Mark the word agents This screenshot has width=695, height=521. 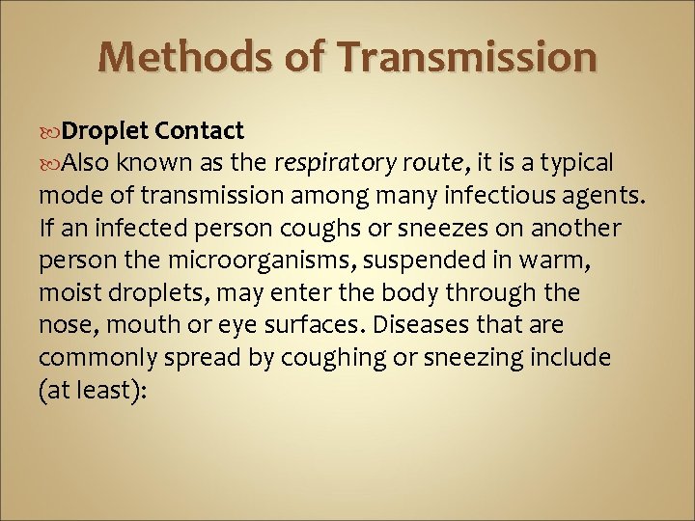(605, 197)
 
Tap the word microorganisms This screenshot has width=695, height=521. (264, 260)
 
